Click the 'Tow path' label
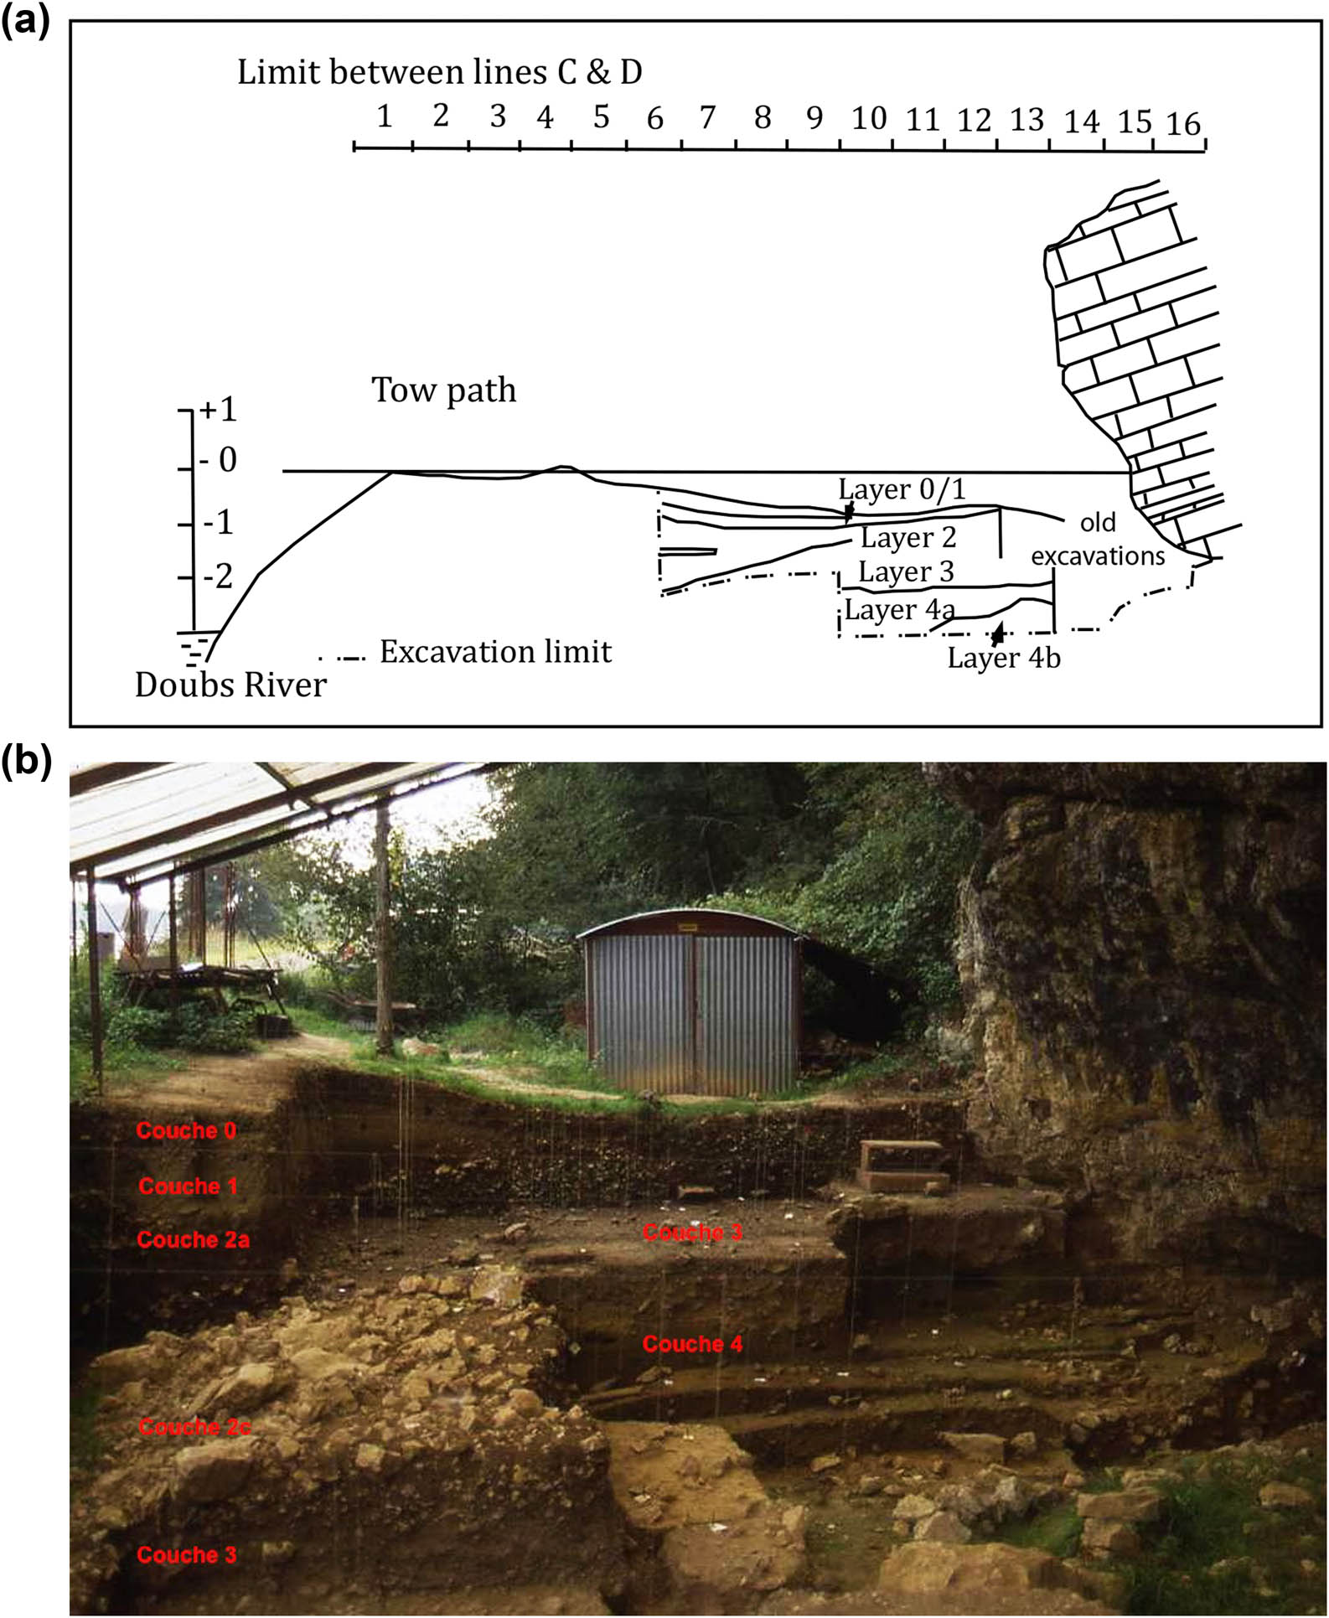[x=443, y=390]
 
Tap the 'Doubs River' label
[x=230, y=685]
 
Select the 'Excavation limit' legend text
[x=495, y=652]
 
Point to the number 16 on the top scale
[x=1182, y=124]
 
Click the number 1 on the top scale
[x=384, y=116]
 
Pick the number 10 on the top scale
[x=868, y=118]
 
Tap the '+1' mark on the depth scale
[x=219, y=410]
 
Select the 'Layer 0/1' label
[x=902, y=489]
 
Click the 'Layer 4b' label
[x=1003, y=658]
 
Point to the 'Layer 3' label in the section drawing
[x=906, y=572]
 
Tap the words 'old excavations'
[x=1098, y=540]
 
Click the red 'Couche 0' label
[x=186, y=1130]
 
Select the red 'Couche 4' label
[x=692, y=1344]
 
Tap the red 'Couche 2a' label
[x=193, y=1239]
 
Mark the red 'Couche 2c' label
[x=194, y=1427]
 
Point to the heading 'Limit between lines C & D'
[x=439, y=73]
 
